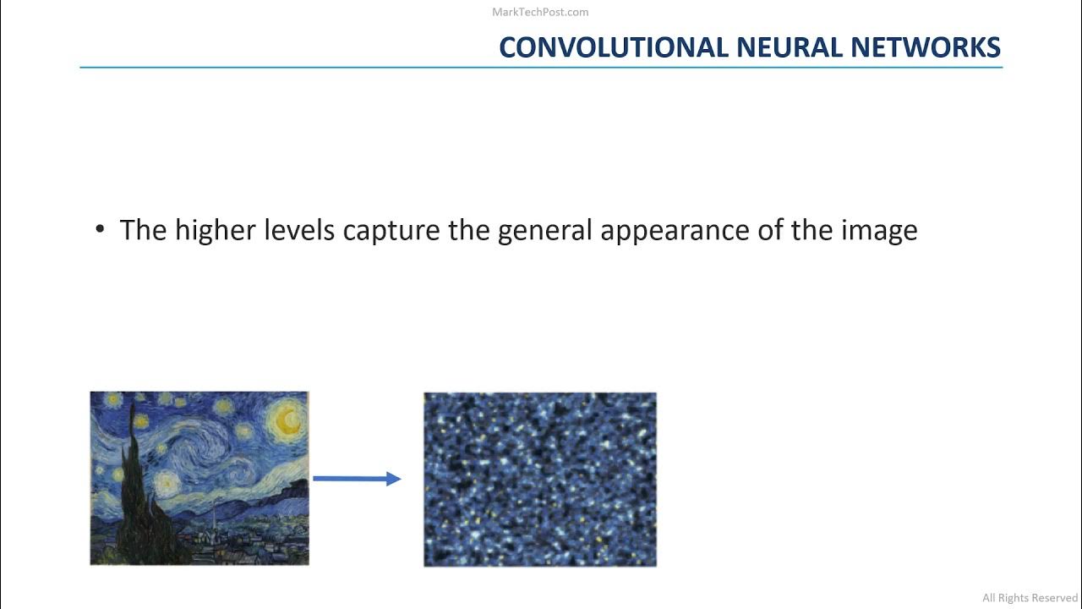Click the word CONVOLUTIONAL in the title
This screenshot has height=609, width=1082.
pos(614,47)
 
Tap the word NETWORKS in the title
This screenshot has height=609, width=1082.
pos(926,47)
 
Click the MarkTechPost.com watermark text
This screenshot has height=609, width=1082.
pos(540,12)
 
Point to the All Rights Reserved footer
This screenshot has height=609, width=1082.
pos(1030,598)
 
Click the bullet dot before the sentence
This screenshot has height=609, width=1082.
pos(101,230)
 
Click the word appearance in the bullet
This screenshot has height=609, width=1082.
pos(675,230)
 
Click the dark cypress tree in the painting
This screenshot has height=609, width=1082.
pos(135,491)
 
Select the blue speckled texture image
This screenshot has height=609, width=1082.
pos(539,479)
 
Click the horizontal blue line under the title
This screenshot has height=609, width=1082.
pos(541,67)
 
